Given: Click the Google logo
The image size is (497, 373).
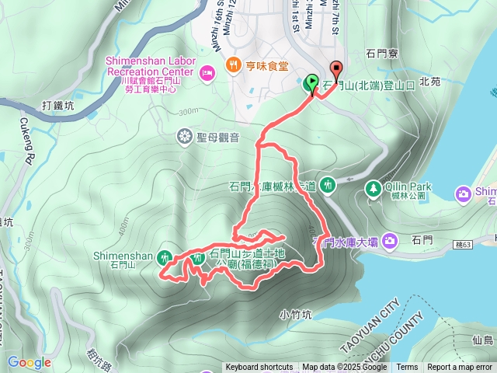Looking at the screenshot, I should tap(29, 362).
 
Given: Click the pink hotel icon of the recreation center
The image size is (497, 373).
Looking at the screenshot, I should tap(207, 73).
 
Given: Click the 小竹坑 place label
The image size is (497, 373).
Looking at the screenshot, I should tap(294, 315).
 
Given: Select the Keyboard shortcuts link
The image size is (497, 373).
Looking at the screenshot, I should tap(259, 368).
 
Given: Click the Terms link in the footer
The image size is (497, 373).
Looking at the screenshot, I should tap(407, 368).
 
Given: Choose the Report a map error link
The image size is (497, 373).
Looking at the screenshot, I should tap(460, 368).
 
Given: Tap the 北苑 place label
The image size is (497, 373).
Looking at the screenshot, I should tap(429, 81).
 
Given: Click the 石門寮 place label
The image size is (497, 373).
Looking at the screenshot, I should tap(381, 54).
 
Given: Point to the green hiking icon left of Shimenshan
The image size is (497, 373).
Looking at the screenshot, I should tap(165, 256).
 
